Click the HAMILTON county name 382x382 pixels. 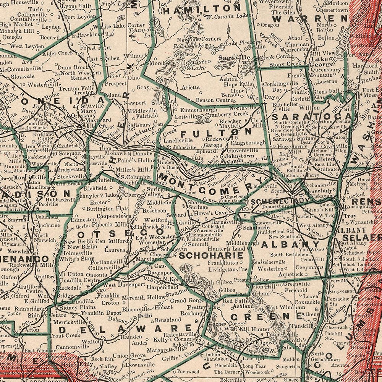(202, 8)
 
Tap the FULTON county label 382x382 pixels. (216, 133)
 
